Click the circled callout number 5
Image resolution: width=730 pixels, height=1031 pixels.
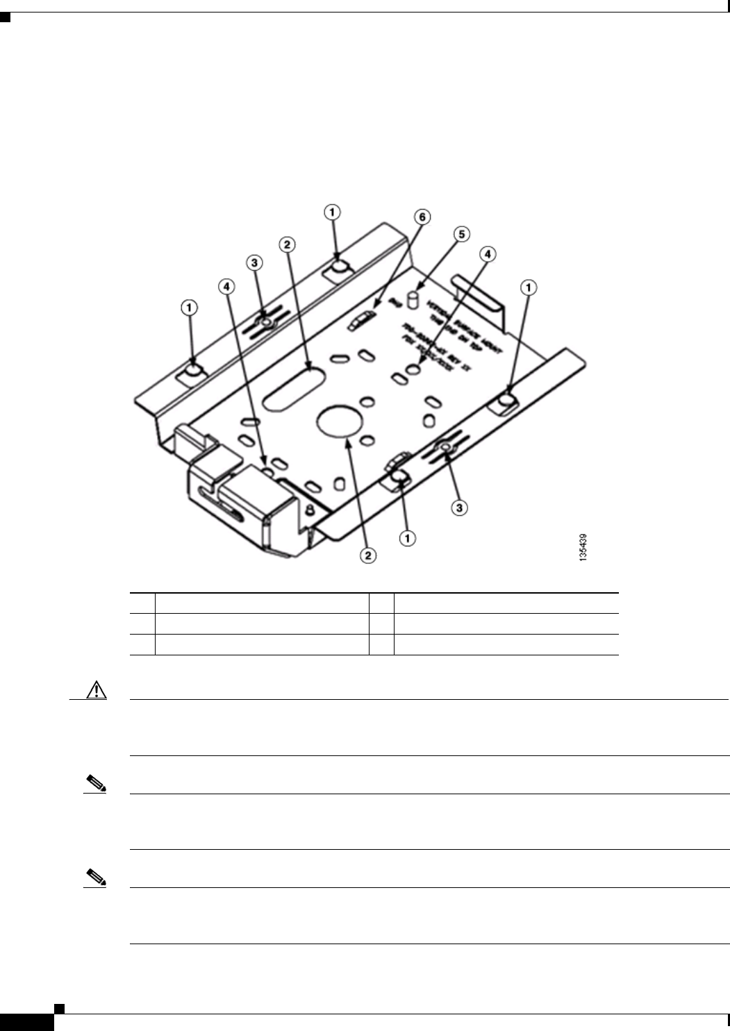[461, 235]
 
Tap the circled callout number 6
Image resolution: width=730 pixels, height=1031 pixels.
[422, 217]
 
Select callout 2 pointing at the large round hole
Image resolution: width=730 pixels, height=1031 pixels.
[368, 555]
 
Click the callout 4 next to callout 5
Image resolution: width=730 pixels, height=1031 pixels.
[489, 255]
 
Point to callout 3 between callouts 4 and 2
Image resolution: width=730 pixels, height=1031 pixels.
[255, 263]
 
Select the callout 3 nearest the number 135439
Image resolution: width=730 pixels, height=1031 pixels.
[458, 508]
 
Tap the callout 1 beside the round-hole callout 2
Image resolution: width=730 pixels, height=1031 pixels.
[408, 537]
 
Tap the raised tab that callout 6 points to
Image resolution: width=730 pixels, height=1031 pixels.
[362, 320]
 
